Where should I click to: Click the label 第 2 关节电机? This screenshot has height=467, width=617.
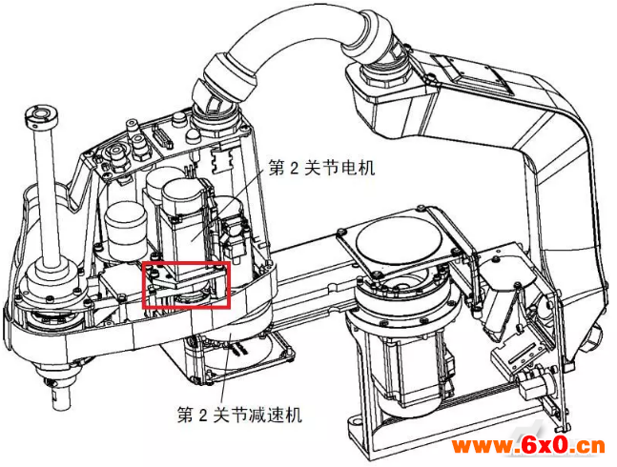(x=322, y=168)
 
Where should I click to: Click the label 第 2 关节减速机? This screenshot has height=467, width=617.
(x=239, y=415)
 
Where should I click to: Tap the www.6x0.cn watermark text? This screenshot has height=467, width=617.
(x=528, y=446)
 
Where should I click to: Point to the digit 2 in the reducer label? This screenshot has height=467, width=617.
(x=202, y=416)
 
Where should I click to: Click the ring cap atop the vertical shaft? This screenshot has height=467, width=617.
(x=41, y=114)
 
